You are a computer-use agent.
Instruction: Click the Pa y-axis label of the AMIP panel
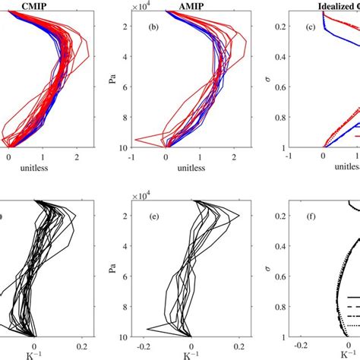[113, 84]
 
